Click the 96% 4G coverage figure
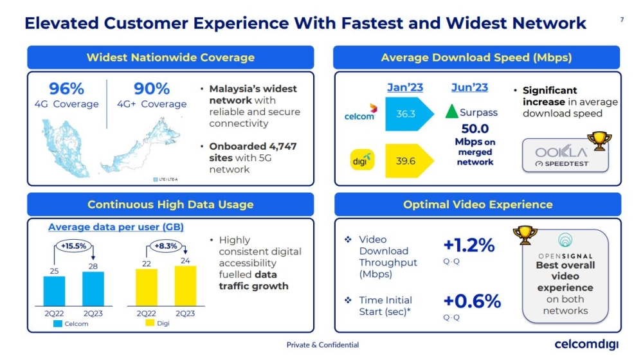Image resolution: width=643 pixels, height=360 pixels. pos(66,88)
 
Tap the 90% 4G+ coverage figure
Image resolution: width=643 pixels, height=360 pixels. pos(151,88)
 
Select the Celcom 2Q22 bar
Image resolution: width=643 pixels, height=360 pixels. pos(55,291)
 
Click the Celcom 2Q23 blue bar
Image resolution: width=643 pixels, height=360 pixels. pos(93,288)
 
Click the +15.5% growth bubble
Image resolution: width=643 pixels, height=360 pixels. pos(74,245)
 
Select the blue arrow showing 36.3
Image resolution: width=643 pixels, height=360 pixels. pos(406,114)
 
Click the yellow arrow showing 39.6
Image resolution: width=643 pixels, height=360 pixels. pos(406,161)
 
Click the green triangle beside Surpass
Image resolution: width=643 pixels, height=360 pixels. pos(451,112)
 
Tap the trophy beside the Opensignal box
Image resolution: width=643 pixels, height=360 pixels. pos(525,236)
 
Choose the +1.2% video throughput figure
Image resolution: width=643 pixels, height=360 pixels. pos(469,245)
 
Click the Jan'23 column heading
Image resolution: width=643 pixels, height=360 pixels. pos(405,87)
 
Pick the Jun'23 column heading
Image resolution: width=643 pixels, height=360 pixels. pos(469,87)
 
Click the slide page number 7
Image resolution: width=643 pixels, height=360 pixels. pos(622,20)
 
